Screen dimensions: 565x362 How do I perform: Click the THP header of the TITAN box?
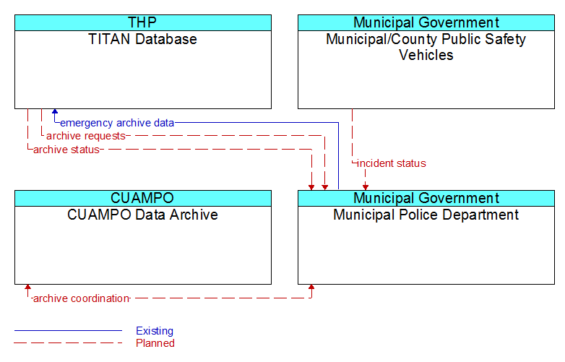tap(142, 22)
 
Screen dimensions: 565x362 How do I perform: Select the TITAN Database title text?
tap(142, 39)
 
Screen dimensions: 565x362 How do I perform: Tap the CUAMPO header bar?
tap(142, 198)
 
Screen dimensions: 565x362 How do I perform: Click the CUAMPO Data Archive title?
tap(142, 215)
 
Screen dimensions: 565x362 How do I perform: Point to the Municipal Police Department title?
tap(426, 215)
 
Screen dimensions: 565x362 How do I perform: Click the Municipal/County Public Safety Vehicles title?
tap(426, 47)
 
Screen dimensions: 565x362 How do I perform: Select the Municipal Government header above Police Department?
tap(426, 198)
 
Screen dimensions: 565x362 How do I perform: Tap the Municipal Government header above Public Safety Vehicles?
tap(426, 22)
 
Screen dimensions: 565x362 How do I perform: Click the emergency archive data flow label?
tap(117, 123)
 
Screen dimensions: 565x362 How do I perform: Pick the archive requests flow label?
tap(86, 136)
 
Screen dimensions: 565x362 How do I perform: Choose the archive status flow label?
tap(66, 150)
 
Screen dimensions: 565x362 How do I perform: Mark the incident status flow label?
tap(392, 163)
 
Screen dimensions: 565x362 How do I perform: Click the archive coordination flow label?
tap(81, 298)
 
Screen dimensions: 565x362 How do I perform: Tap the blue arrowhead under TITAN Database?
tap(55, 112)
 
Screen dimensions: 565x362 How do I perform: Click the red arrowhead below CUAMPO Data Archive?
tap(27, 287)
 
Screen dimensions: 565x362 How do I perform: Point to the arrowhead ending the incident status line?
tap(366, 188)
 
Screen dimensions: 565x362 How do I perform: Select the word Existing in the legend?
tap(155, 331)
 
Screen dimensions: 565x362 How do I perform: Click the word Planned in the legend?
tap(155, 343)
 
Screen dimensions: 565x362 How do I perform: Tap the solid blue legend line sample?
tap(68, 330)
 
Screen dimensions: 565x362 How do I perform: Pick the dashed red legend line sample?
tap(68, 343)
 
